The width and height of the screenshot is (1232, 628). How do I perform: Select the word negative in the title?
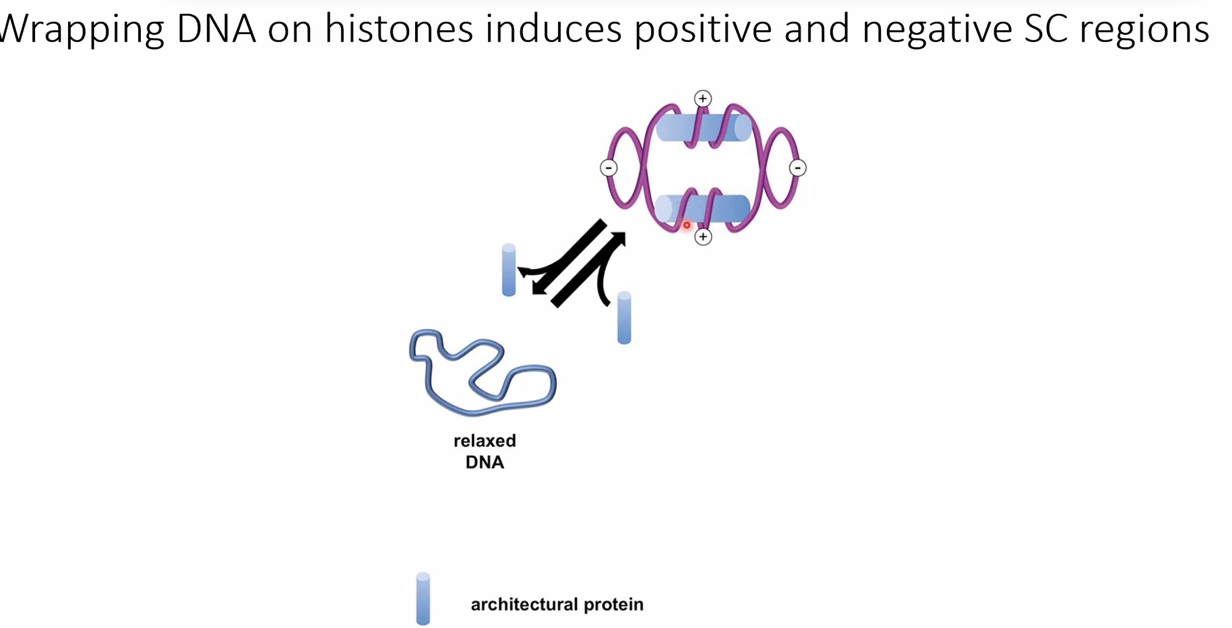937,30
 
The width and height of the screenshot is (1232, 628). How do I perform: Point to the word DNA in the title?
216,29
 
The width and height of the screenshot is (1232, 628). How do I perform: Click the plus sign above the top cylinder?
703,98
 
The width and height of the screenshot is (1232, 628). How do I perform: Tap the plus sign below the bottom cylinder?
703,236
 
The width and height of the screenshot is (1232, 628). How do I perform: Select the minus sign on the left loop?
609,168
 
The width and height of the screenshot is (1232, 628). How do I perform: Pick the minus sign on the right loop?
797,168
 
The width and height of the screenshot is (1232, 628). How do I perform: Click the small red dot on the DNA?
687,225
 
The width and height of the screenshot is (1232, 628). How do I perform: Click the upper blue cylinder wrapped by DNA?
704,128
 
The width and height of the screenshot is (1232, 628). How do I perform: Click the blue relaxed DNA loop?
482,372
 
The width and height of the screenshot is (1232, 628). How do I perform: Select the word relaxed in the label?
485,440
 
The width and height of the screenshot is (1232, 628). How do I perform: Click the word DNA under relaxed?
485,462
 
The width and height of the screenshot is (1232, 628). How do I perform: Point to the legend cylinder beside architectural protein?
423,599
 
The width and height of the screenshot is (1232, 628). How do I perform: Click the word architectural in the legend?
524,604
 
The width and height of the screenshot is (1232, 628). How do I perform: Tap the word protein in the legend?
613,605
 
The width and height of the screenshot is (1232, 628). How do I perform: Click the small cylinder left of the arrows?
509,270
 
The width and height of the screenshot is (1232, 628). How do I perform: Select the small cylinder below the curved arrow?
624,318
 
